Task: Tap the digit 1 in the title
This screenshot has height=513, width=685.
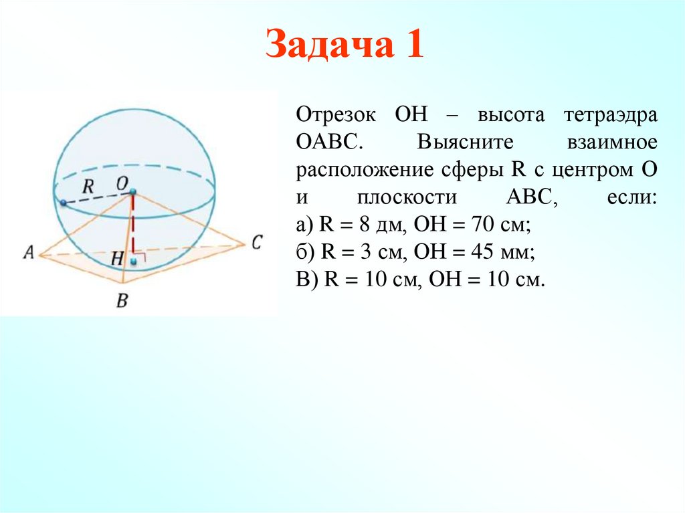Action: [412, 47]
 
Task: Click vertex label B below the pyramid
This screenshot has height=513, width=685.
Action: [122, 301]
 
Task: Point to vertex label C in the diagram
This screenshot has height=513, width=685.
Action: [256, 241]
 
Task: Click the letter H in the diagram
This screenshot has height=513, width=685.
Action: [118, 258]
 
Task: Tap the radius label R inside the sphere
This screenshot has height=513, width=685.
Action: [88, 187]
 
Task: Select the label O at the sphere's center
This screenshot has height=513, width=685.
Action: [122, 182]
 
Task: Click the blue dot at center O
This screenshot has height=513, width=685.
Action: [133, 193]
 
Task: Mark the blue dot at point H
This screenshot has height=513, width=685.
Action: [134, 261]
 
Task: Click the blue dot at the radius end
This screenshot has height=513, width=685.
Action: [62, 203]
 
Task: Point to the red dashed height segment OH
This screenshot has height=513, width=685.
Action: [133, 227]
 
